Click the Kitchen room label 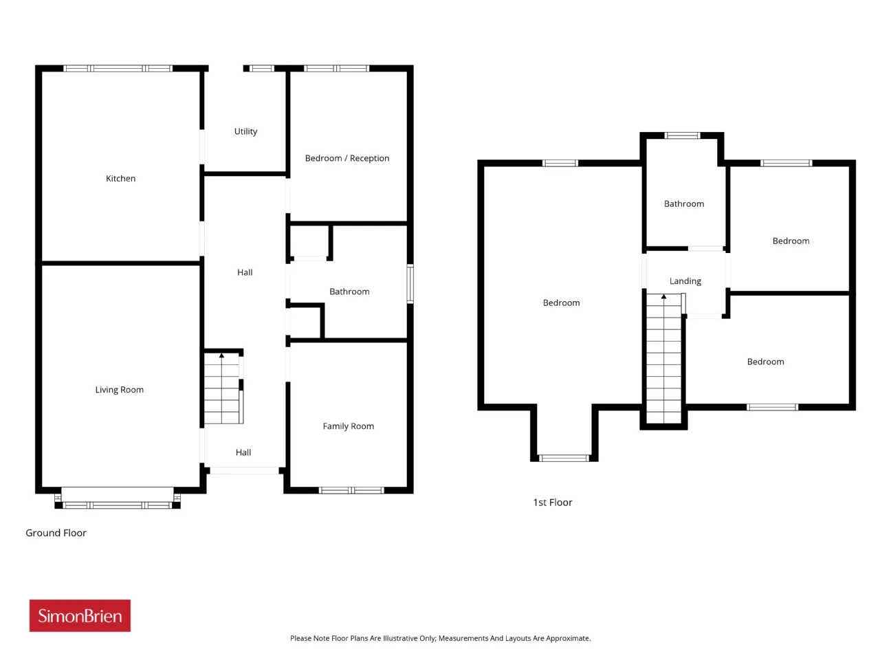[x=120, y=178]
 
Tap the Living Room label [x=119, y=390]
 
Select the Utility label [x=245, y=131]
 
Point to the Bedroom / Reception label [x=346, y=158]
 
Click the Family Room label [x=348, y=426]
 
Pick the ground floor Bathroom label [x=349, y=291]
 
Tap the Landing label [x=685, y=281]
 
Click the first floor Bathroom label [x=683, y=203]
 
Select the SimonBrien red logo [x=80, y=615]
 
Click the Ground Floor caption [x=56, y=533]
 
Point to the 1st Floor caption [x=552, y=502]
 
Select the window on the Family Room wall [x=351, y=490]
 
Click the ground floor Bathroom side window [x=410, y=284]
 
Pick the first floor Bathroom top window [x=682, y=135]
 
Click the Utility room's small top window [x=262, y=69]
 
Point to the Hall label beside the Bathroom [x=245, y=272]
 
